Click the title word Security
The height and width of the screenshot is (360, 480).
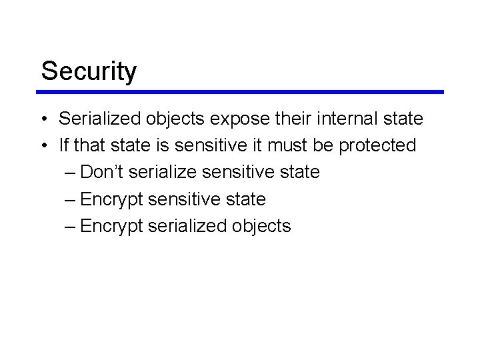tap(89, 71)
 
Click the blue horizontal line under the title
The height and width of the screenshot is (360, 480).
tap(241, 92)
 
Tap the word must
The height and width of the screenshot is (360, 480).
tap(285, 145)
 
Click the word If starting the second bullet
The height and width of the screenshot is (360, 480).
tap(63, 145)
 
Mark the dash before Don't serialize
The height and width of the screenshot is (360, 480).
tap(71, 173)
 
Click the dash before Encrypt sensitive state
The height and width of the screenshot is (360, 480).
tap(71, 199)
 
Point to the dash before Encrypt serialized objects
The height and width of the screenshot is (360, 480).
tap(71, 226)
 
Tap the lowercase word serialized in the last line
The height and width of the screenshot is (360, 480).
tap(187, 226)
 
